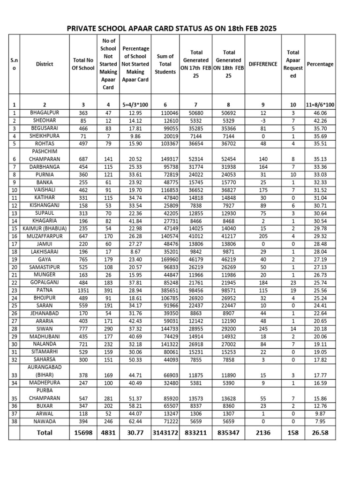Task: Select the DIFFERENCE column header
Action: tap(263, 64)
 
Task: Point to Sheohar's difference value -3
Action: tap(263, 120)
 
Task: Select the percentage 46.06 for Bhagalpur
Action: tap(320, 113)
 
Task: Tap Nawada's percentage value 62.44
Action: tap(135, 421)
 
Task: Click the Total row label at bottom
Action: tap(45, 433)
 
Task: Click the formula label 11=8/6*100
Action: tap(320, 105)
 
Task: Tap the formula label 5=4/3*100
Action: tap(135, 105)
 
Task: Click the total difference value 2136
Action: tap(263, 433)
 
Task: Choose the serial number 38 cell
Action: tap(14, 421)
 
